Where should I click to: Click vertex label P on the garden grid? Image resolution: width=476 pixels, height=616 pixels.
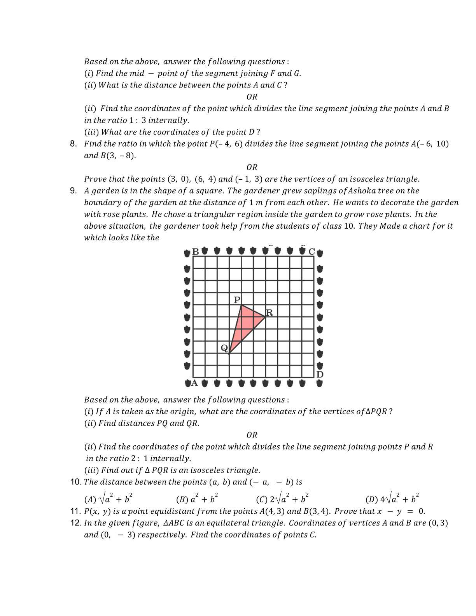click(x=237, y=300)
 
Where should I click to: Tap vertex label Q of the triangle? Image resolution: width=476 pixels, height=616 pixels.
click(x=224, y=348)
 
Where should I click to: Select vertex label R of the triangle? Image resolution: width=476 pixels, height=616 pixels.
click(x=269, y=313)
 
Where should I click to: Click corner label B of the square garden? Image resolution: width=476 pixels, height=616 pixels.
click(x=196, y=252)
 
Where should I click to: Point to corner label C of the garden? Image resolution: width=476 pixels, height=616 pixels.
click(x=311, y=252)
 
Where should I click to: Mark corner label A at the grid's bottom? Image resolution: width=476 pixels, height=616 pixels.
click(x=194, y=383)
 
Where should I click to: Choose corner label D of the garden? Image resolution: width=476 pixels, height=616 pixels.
click(x=320, y=374)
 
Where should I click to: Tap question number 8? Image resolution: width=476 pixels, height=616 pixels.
click(x=73, y=144)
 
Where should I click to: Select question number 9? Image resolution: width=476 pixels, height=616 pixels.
click(x=73, y=191)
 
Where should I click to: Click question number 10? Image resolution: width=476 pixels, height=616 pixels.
click(x=75, y=482)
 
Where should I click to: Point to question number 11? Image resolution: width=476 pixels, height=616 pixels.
click(x=75, y=511)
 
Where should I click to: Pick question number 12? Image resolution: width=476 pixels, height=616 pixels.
click(x=75, y=523)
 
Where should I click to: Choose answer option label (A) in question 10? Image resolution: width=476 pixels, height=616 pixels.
click(x=90, y=499)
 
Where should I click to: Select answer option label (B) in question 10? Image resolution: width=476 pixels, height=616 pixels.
click(x=182, y=499)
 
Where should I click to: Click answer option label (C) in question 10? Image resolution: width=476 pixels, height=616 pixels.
click(x=262, y=499)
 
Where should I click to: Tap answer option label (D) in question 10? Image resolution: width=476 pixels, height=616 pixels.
click(x=371, y=499)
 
